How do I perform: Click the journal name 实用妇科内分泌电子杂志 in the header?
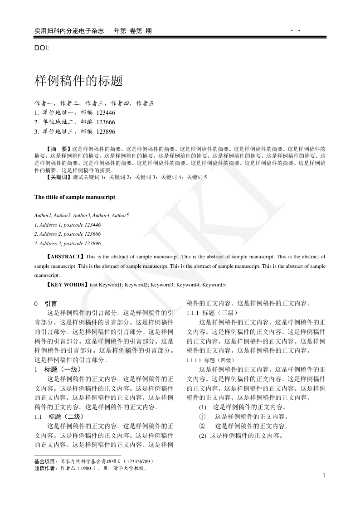tap(69, 31)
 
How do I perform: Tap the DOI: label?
tap(42, 48)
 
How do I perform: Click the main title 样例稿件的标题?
tap(79, 81)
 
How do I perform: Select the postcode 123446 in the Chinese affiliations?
tap(106, 112)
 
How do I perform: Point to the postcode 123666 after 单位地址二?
tap(106, 122)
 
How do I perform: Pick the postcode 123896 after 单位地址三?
tap(106, 131)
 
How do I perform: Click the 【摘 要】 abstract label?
tap(58, 148)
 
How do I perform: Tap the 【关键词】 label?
tap(58, 177)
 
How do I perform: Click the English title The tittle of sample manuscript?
tap(75, 197)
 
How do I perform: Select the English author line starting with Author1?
tap(82, 215)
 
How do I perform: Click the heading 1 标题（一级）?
tap(58, 369)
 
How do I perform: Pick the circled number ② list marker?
tap(202, 426)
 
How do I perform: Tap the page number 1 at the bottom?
tap(324, 475)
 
